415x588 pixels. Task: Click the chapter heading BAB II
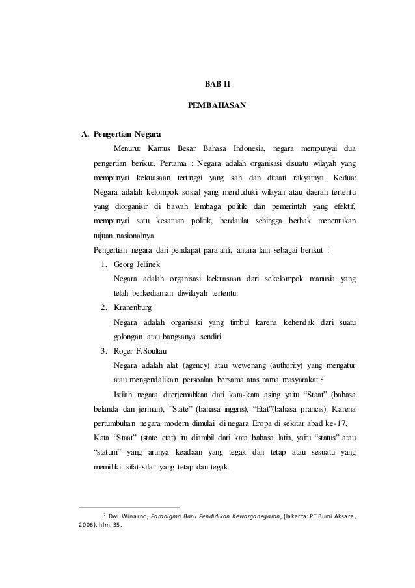207,83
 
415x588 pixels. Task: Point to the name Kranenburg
133,307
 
